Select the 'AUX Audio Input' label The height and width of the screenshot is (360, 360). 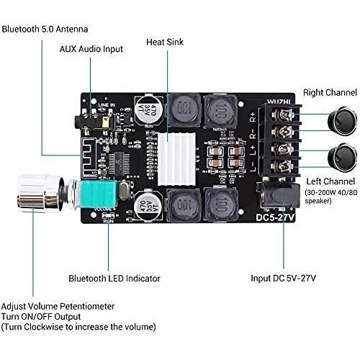point(91,49)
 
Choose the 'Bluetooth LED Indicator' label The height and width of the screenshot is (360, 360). point(113,277)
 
